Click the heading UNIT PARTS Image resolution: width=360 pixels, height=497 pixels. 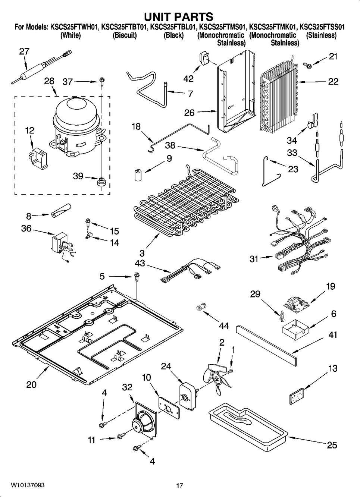(x=179, y=16)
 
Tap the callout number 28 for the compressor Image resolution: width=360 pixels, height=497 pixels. (x=49, y=81)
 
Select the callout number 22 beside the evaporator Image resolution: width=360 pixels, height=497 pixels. (x=333, y=81)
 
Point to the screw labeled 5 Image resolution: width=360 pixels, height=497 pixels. (x=136, y=277)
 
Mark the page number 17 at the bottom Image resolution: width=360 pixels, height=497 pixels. (x=179, y=485)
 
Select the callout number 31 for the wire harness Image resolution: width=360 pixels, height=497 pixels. (x=254, y=258)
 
